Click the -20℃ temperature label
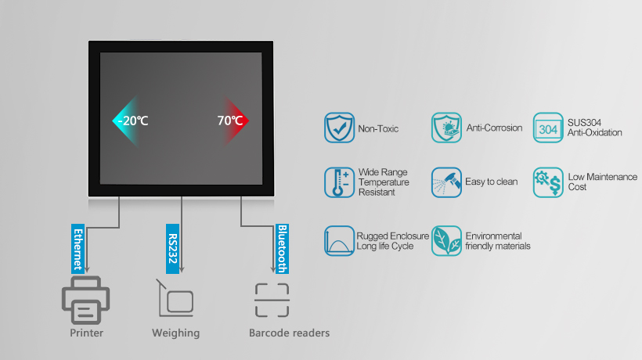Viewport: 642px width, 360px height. click(133, 121)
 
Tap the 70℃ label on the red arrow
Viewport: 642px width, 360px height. click(230, 121)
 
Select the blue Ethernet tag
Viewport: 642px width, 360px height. click(78, 249)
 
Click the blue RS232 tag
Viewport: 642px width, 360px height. click(173, 249)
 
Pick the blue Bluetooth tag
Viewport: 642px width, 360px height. click(282, 249)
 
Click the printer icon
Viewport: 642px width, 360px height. click(85, 300)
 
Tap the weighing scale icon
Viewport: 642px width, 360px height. click(175, 298)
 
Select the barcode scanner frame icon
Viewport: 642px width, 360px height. click(272, 301)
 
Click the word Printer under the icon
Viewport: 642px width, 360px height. click(86, 333)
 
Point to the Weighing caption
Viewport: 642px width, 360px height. click(175, 333)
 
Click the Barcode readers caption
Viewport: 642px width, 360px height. click(289, 333)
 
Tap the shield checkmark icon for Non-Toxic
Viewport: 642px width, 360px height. click(340, 128)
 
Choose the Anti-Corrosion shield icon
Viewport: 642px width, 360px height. click(446, 128)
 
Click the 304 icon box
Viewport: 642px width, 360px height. click(548, 128)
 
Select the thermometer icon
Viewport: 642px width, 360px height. click(340, 182)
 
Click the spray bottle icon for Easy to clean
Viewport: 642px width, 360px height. click(446, 182)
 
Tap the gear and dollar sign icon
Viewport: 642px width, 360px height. click(548, 182)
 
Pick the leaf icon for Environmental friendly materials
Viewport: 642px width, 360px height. click(446, 241)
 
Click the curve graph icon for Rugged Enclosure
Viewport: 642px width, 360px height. click(340, 241)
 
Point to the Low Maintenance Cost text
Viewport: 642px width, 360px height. click(602, 182)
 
